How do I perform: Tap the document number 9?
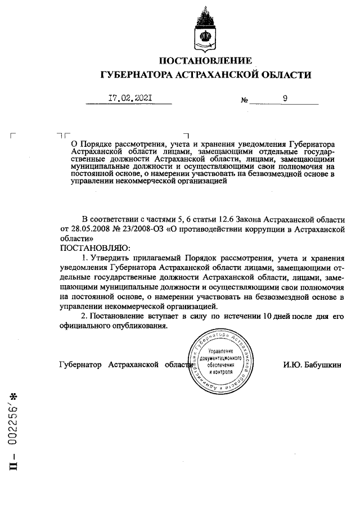pyautogui.click(x=286, y=99)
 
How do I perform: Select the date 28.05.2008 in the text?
pyautogui.click(x=89, y=229)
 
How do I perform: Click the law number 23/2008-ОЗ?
pyautogui.click(x=149, y=229)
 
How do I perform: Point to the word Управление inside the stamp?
pyautogui.click(x=224, y=351)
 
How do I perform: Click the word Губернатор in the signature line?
pyautogui.click(x=80, y=364)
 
